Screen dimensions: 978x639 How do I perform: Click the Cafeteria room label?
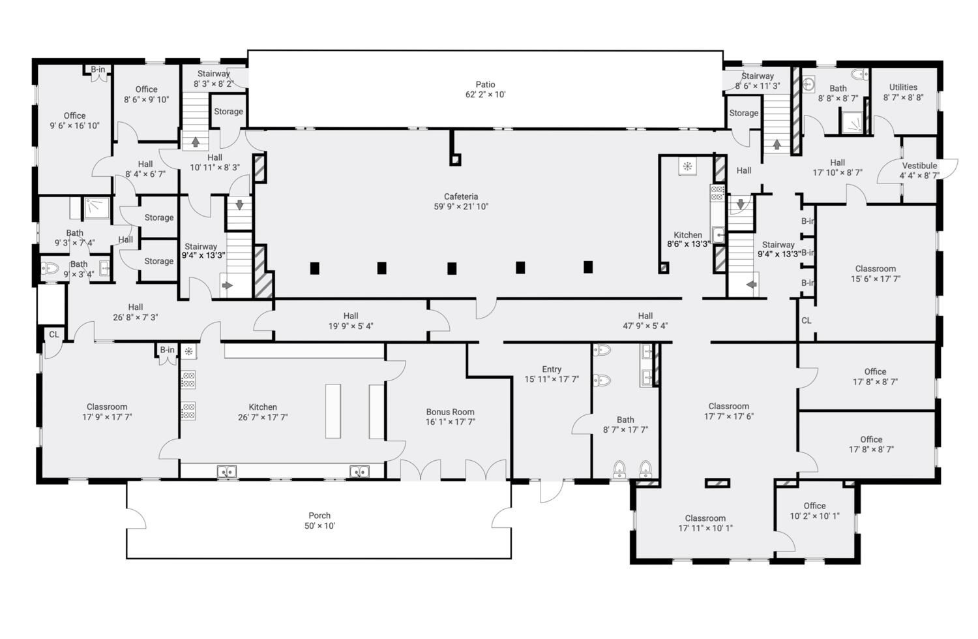(461, 196)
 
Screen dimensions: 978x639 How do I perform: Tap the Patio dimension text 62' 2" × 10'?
(486, 95)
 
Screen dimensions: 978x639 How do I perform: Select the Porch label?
(319, 515)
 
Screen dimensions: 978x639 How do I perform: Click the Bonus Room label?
(450, 412)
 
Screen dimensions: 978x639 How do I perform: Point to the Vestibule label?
(919, 166)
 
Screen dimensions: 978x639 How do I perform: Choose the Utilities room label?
(903, 87)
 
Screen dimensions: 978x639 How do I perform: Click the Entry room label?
(552, 369)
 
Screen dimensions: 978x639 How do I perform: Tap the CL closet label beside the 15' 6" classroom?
(806, 320)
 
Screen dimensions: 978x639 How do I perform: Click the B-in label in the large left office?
(98, 69)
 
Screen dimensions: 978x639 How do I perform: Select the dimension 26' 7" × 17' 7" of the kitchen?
(263, 417)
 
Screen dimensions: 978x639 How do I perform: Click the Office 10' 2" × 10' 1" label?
(815, 511)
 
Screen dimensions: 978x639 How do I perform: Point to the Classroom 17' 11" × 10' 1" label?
(705, 523)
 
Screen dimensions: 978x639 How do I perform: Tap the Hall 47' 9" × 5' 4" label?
(645, 321)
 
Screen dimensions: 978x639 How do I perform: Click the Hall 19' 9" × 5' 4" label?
(351, 321)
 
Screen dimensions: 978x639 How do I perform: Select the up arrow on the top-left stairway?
(196, 142)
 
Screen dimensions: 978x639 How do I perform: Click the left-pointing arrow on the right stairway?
(751, 285)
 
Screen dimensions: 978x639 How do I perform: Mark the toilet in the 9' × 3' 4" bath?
(50, 268)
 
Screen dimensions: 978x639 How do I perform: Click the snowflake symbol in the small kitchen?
(687, 166)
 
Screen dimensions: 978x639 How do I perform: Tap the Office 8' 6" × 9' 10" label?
(146, 95)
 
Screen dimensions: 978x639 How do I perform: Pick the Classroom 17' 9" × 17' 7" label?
(107, 412)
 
